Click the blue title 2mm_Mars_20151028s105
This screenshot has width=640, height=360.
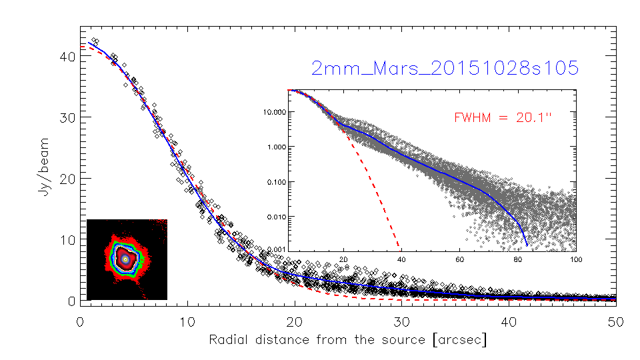(x=445, y=69)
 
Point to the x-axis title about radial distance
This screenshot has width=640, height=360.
(x=348, y=340)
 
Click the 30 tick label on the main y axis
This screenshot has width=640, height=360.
(x=66, y=117)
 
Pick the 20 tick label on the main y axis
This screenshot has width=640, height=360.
(x=66, y=179)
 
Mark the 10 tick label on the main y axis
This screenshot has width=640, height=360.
(x=66, y=240)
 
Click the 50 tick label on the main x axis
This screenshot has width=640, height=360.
(x=615, y=321)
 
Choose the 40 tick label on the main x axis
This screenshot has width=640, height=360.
(x=509, y=321)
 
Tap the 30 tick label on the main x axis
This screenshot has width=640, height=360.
(x=401, y=321)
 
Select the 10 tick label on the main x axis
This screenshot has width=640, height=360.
(x=187, y=321)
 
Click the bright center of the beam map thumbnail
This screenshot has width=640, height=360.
(x=125, y=258)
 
